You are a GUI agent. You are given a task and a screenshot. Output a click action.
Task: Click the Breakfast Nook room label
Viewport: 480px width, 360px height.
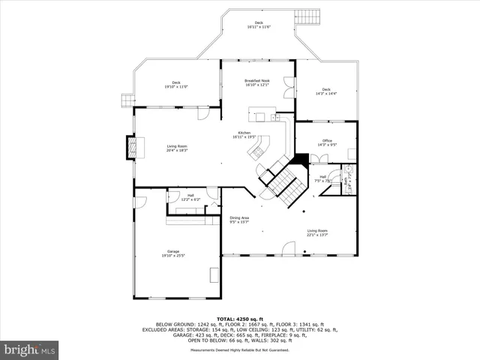pos(257,82)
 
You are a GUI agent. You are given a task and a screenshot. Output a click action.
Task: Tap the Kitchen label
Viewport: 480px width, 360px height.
pos(244,136)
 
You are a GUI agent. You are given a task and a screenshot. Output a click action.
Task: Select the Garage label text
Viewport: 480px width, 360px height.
pos(177,253)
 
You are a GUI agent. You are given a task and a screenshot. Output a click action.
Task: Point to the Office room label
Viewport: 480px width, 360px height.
pos(327,142)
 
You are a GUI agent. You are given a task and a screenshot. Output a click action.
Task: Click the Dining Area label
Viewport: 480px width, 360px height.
pos(239,220)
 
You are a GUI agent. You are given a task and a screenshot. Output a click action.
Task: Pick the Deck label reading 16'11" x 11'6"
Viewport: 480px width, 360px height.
pos(259,25)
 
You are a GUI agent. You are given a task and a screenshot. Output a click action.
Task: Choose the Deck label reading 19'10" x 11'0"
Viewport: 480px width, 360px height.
pos(176,85)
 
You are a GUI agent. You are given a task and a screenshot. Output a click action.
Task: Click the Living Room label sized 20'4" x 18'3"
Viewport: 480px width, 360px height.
pos(177,148)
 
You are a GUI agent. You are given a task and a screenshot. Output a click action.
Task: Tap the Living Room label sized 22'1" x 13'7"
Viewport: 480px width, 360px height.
pos(317,232)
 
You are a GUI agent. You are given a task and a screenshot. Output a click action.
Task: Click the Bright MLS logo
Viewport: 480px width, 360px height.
pos(29,349)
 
